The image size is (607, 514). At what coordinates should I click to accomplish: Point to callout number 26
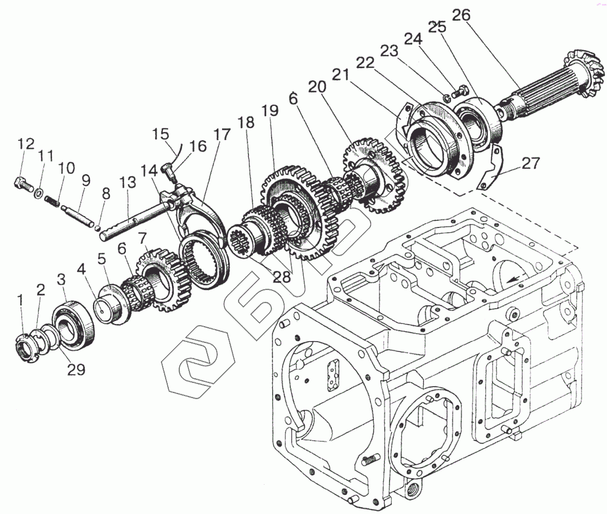(x=460, y=16)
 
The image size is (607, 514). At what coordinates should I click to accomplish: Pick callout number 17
(x=222, y=135)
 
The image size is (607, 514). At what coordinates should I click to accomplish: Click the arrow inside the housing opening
(x=513, y=277)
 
